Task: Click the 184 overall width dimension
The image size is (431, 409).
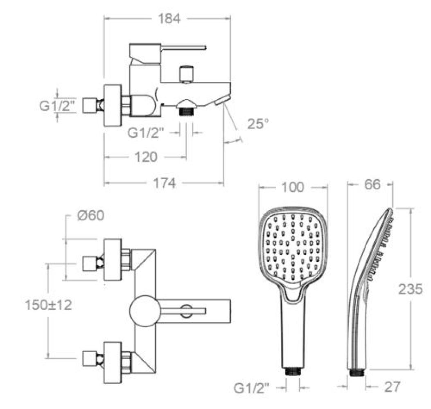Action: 169,19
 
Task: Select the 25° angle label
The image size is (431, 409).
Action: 257,124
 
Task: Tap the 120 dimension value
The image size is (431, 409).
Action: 146,157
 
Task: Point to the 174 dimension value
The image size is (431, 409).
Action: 164,183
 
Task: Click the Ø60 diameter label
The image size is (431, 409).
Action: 91,216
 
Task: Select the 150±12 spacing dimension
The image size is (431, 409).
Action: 48,305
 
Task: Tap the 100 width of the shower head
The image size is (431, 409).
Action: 293,187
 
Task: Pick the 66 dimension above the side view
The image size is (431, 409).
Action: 372,184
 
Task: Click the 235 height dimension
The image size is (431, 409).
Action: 410,289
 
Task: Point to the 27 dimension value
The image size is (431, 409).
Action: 392,387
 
